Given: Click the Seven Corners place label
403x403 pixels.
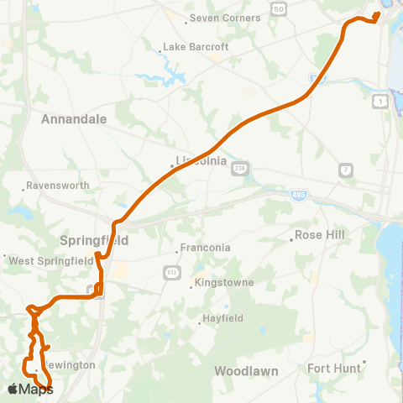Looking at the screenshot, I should click(225, 18).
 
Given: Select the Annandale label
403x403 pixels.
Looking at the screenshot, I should click(74, 119).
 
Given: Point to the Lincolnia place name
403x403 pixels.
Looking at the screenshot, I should click(201, 161).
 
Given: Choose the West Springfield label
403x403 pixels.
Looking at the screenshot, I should click(50, 261).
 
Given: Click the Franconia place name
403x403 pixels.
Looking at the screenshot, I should click(206, 249).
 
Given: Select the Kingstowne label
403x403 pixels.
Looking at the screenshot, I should click(223, 283).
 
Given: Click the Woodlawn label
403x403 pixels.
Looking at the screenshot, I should click(244, 370).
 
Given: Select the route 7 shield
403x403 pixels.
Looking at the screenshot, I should click(345, 170).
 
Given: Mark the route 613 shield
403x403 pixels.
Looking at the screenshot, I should click(170, 273).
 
